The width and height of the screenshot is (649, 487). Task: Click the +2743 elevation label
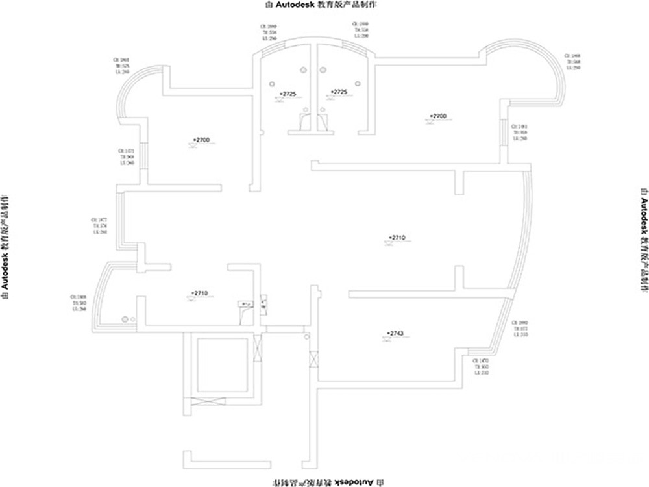pos(395,333)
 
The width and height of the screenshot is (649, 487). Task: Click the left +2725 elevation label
pos(288,94)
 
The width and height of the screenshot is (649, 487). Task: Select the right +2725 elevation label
pos(339,92)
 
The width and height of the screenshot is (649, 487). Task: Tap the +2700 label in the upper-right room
pos(438,116)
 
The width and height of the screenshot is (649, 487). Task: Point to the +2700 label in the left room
pos(202,140)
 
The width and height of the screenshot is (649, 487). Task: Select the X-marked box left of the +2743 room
pos(314,359)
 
